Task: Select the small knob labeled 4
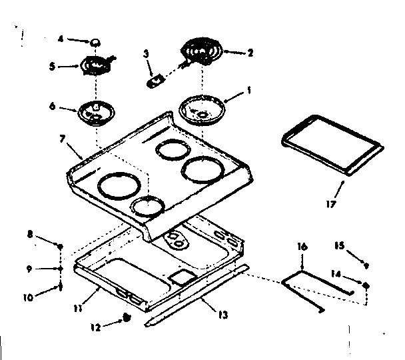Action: click(x=97, y=42)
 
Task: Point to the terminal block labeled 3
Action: click(x=157, y=79)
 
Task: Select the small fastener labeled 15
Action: click(x=366, y=265)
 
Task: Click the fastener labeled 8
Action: click(x=60, y=247)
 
